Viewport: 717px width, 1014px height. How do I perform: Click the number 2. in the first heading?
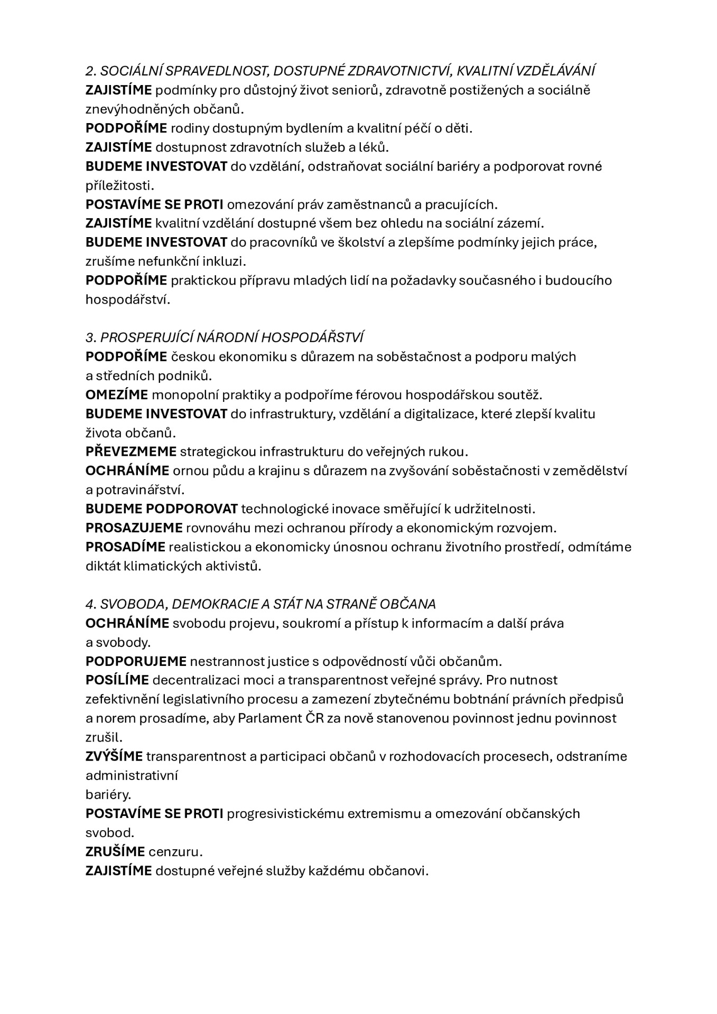[x=91, y=71]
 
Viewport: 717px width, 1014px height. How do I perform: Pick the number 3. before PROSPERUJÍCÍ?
[x=91, y=337]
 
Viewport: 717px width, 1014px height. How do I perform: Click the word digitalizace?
[x=438, y=414]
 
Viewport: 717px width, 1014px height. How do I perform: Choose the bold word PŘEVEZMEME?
[x=131, y=452]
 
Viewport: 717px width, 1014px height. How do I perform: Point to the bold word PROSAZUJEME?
[x=134, y=528]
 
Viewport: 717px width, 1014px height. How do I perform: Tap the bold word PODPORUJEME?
[x=136, y=661]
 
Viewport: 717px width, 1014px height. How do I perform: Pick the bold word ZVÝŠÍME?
[x=114, y=756]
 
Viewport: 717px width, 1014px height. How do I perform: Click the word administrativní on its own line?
[x=132, y=775]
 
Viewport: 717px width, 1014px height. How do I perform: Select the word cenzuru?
[x=175, y=851]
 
